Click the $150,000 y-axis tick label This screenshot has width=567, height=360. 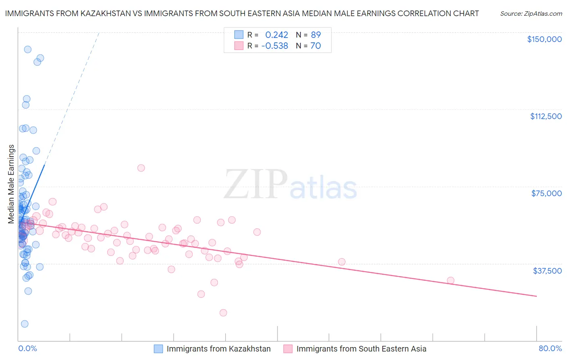tap(544, 39)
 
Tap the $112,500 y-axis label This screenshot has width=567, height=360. tap(546, 116)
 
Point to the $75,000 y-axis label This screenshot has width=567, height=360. tap(546, 193)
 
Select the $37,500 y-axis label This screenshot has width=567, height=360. tap(547, 271)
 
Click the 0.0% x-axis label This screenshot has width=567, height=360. tap(27, 348)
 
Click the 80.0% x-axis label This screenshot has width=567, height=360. tap(550, 348)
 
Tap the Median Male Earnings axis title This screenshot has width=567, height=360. tap(11, 184)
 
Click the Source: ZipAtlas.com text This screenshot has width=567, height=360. tap(531, 14)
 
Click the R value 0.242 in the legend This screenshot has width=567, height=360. tap(277, 35)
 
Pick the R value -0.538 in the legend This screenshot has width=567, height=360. tap(275, 46)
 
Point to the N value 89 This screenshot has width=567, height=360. tap(316, 35)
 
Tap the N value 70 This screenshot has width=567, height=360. tap(316, 46)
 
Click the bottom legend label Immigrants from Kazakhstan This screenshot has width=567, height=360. tap(219, 349)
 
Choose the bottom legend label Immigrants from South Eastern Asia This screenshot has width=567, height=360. tap(361, 349)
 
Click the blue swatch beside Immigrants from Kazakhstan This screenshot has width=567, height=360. tap(158, 349)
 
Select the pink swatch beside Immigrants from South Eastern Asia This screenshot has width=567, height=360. tap(288, 349)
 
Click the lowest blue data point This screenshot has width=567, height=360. tap(25, 324)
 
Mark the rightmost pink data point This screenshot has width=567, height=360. tap(450, 280)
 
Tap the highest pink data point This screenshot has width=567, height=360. tap(141, 168)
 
